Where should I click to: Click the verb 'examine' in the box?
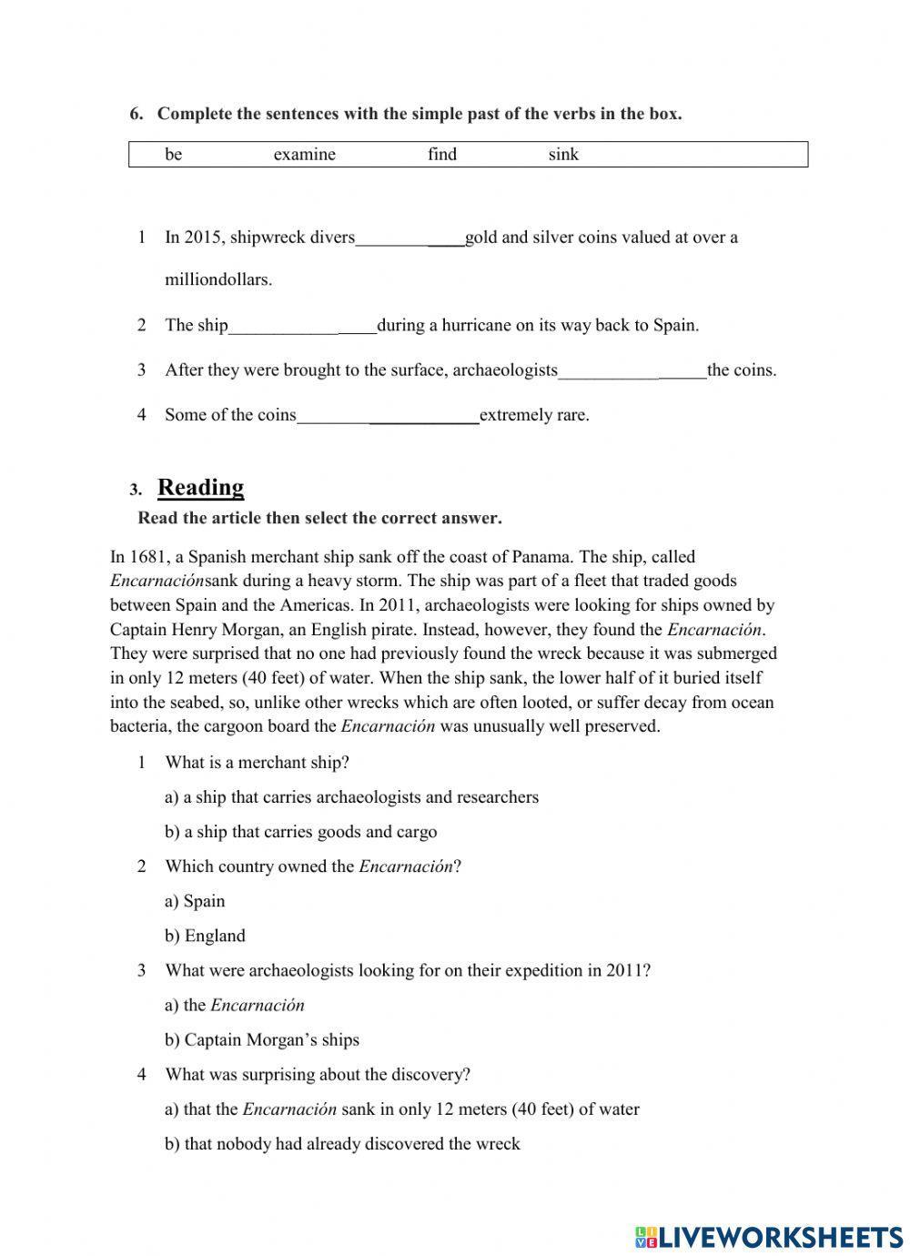click(304, 155)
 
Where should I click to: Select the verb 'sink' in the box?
click(563, 155)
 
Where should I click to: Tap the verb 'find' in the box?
click(442, 155)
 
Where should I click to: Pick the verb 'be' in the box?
click(173, 155)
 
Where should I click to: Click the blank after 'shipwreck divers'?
click(409, 239)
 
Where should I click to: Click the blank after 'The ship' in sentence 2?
click(302, 327)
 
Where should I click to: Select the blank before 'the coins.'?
click(632, 371)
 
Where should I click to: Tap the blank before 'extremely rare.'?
click(388, 417)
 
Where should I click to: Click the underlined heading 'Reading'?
click(201, 488)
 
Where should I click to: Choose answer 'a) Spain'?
click(195, 901)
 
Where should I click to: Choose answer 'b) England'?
click(205, 936)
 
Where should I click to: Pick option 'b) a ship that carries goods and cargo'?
click(300, 832)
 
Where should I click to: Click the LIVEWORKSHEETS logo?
click(769, 1235)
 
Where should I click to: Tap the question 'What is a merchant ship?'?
click(257, 763)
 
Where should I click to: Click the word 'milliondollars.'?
click(218, 280)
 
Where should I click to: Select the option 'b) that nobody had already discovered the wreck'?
click(342, 1144)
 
